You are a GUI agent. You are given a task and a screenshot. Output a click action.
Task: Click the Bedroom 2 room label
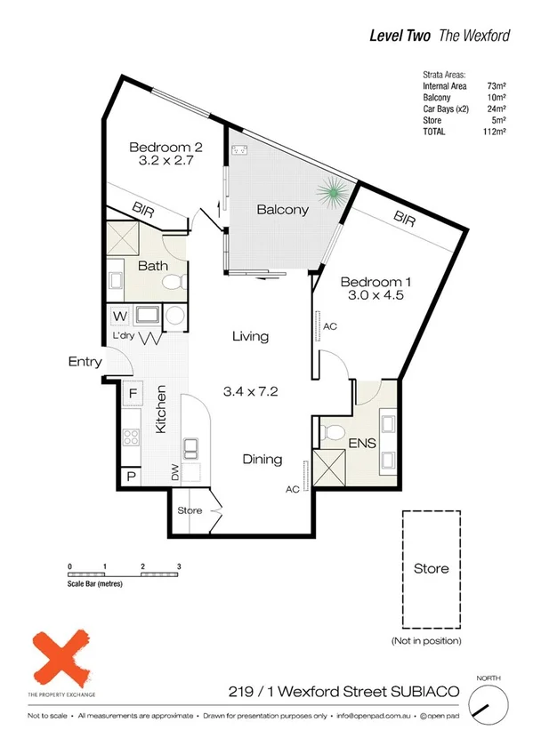click(167, 147)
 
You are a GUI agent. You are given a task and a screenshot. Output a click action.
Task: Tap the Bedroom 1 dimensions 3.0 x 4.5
click(374, 296)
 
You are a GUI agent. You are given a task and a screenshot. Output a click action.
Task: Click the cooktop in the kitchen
click(131, 437)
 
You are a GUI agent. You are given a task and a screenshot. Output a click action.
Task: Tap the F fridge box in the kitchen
click(133, 392)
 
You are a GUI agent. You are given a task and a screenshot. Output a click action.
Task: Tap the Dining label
click(262, 460)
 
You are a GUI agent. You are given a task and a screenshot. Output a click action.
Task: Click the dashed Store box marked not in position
click(432, 568)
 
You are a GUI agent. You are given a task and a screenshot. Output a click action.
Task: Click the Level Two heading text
click(400, 36)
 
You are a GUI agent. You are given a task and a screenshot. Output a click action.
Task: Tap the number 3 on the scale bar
click(179, 566)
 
